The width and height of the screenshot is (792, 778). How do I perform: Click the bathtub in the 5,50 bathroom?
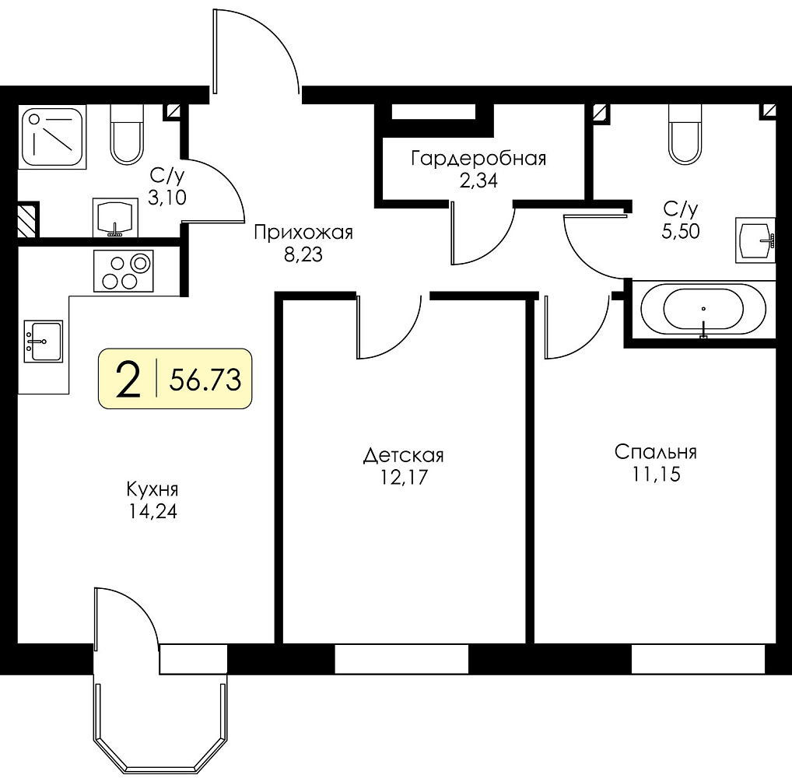(x=703, y=310)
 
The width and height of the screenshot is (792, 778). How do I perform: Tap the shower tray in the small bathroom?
(x=52, y=137)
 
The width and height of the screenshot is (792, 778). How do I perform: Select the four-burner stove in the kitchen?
(x=123, y=271)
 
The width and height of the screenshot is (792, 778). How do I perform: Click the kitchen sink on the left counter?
(x=44, y=342)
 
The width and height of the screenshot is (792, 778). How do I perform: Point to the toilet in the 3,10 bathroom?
(x=126, y=135)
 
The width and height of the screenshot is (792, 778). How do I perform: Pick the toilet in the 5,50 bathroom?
(x=685, y=134)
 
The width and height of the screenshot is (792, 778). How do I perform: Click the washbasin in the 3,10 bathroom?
(x=116, y=218)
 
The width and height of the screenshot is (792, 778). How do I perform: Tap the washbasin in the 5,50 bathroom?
(x=755, y=240)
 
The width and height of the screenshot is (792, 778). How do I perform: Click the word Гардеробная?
(x=478, y=159)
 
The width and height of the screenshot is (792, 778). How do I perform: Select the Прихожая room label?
(x=303, y=233)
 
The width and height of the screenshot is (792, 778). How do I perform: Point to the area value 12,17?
(x=404, y=477)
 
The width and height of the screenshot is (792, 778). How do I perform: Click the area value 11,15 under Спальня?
(x=656, y=475)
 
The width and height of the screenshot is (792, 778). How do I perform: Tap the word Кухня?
(x=152, y=489)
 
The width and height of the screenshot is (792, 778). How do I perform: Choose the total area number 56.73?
(x=205, y=380)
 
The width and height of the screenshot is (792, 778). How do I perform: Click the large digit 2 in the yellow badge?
(x=128, y=380)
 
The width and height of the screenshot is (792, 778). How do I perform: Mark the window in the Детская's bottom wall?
(x=401, y=659)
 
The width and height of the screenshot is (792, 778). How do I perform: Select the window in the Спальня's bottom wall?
(x=698, y=659)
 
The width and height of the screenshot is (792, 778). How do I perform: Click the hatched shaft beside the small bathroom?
(x=28, y=219)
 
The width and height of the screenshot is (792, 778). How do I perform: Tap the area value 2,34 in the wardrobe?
(x=478, y=180)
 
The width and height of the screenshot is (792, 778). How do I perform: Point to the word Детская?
(x=404, y=456)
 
